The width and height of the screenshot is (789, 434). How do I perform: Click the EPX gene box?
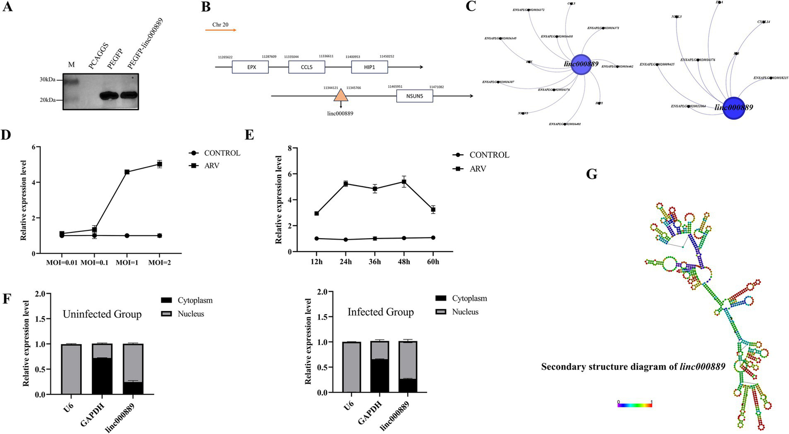(250, 67)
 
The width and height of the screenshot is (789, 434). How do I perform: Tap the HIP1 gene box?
(369, 67)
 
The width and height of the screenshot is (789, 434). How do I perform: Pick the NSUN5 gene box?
(414, 96)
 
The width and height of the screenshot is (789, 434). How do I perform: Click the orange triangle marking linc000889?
(340, 96)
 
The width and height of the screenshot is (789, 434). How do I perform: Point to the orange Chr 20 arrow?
(221, 30)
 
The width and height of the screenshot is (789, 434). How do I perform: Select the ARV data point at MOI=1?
(126, 172)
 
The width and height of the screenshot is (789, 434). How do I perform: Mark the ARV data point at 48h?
(404, 182)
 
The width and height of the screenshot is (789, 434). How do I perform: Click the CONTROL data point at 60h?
(433, 238)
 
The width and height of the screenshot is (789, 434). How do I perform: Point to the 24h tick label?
(346, 262)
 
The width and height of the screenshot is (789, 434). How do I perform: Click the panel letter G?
(592, 174)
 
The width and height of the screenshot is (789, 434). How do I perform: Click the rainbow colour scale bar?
(635, 405)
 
